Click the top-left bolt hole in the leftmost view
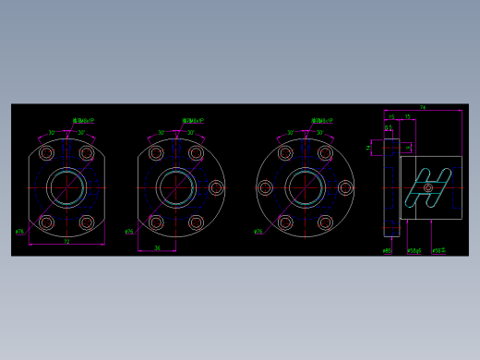pos(47,153)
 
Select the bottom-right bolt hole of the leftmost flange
pos(87,222)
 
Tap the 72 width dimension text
pos(66,242)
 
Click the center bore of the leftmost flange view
pos(66,187)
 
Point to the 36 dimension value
pos(157,247)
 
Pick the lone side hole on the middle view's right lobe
pos(217,188)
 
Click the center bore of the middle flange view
pos(175,187)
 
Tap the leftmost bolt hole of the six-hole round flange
pos(265,188)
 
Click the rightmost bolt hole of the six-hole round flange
pos(345,188)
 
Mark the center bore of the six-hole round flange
pos(306,187)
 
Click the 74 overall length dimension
pos(423,108)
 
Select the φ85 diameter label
pos(387,250)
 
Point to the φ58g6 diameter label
pos(414,250)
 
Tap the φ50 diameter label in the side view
pos(438,250)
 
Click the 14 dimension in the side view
pos(368,146)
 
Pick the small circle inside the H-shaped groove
pos(427,188)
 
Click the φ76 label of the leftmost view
pos(19,232)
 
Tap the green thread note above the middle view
pos(192,120)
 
